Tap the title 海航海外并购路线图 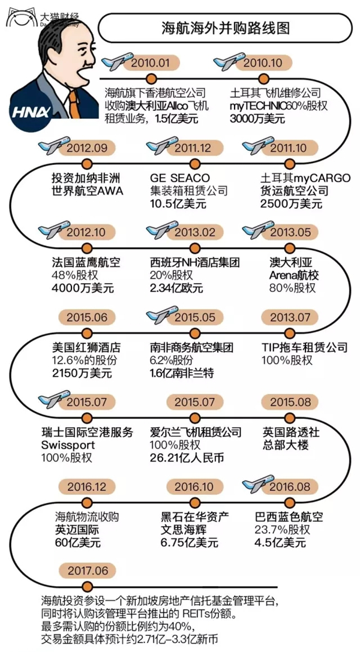(226, 28)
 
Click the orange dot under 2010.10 (263, 78)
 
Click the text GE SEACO (180, 178)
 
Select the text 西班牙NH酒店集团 (195, 263)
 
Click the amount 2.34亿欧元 (176, 288)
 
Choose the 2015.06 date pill (86, 317)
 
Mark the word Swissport (68, 445)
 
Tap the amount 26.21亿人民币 (187, 458)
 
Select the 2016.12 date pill (86, 486)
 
